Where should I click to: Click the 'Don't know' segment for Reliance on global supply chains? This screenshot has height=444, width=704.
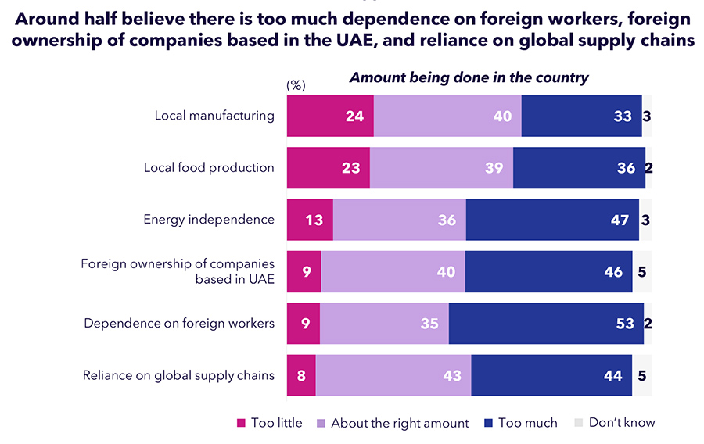641,375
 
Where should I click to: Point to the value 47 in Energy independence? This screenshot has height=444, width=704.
620,220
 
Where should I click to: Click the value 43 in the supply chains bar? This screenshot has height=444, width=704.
452,375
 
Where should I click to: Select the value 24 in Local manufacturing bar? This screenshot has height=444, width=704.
355,116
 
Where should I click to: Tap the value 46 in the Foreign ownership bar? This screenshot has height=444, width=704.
613,271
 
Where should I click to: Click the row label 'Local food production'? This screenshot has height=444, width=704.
209,167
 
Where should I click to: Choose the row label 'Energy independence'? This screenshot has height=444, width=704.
209,220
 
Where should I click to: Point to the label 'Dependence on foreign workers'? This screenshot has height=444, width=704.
179,323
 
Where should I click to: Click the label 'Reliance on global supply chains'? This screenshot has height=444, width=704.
178,375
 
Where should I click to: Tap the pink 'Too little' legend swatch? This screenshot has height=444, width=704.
242,423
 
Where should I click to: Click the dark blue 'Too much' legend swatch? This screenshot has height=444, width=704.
489,423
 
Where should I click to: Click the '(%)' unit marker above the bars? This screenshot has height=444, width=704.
296,84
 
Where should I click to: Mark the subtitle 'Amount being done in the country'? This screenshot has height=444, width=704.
469,77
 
